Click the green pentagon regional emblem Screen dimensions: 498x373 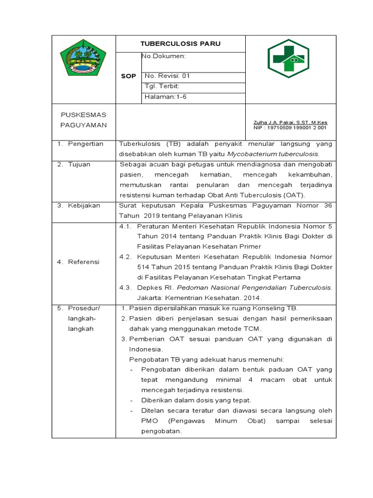click(x=83, y=57)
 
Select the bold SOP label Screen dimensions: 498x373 click(x=128, y=76)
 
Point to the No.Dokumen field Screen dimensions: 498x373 click(x=164, y=56)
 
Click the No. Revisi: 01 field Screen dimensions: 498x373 click(x=168, y=76)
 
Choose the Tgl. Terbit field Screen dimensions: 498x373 click(x=162, y=86)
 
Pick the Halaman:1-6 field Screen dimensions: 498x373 click(x=165, y=96)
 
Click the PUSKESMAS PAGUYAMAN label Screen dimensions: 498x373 click(x=84, y=120)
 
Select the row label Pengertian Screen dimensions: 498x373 click(x=86, y=144)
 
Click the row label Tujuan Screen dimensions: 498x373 click(x=79, y=164)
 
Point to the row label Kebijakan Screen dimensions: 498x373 click(x=84, y=205)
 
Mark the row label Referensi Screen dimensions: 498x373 click(x=84, y=262)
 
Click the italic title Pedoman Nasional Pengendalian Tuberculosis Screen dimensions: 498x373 click(x=250, y=287)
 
